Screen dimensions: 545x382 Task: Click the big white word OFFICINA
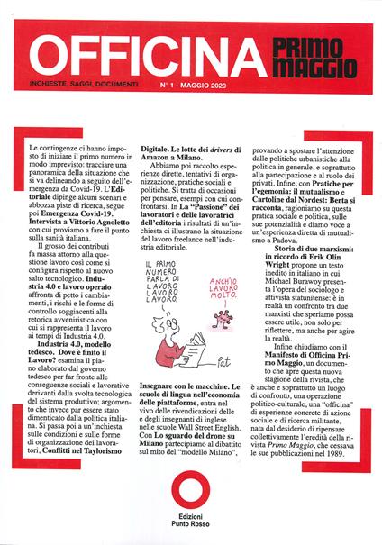click(135, 54)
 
